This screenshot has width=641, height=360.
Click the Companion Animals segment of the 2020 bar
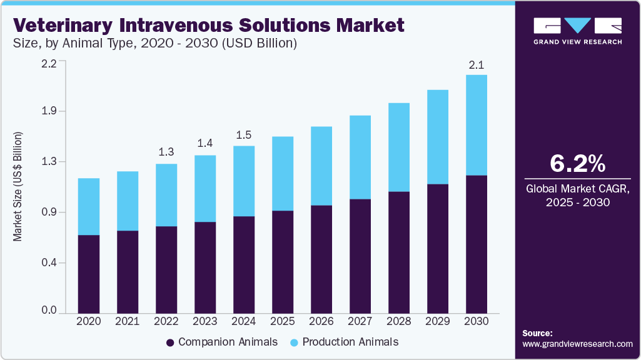(x=88, y=274)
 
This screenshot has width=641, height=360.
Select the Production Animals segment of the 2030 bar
(x=477, y=125)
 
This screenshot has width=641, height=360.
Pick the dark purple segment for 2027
(x=360, y=256)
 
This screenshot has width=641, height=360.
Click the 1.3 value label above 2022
(x=166, y=152)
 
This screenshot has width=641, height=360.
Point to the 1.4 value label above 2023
(x=205, y=144)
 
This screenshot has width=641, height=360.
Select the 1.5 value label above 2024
(x=244, y=134)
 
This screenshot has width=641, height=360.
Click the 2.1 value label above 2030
(x=477, y=64)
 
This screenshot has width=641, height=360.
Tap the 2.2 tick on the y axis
(x=49, y=63)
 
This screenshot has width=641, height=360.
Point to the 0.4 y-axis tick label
(x=49, y=263)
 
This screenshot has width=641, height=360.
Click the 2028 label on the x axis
(x=399, y=321)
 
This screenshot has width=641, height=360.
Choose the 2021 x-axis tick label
(x=128, y=321)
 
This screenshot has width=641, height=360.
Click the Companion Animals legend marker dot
(x=170, y=342)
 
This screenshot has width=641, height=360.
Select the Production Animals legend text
(x=350, y=342)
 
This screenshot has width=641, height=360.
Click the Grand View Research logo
(x=577, y=31)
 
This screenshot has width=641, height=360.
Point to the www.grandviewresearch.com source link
(x=577, y=344)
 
